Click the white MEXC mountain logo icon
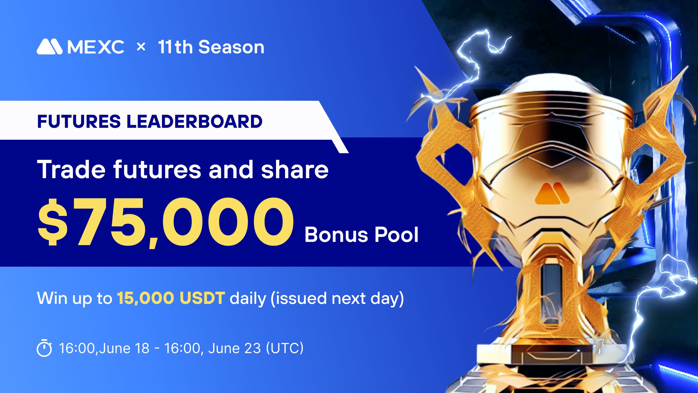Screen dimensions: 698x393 click(x=49, y=47)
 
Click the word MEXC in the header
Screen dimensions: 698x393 click(x=96, y=47)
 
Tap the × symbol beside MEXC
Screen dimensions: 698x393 click(x=141, y=47)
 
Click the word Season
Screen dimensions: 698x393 click(x=232, y=47)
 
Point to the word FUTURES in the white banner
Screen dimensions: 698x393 click(x=79, y=121)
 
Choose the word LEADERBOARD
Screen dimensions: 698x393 click(x=195, y=121)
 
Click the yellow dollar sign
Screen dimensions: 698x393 click(x=53, y=222)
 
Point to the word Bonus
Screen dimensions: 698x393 click(x=337, y=234)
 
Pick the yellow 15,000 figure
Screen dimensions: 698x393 click(x=145, y=298)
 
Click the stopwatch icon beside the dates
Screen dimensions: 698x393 click(x=44, y=348)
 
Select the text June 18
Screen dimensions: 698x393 click(x=124, y=348)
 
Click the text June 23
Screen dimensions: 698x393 click(x=234, y=348)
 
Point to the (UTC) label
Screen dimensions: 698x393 click(x=285, y=348)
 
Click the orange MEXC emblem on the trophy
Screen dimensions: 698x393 click(x=552, y=193)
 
